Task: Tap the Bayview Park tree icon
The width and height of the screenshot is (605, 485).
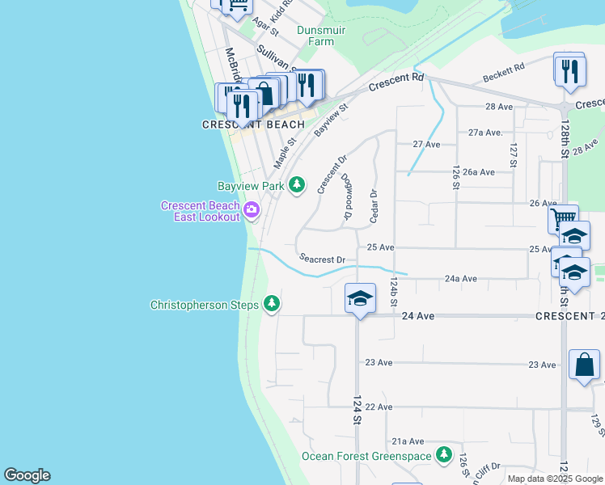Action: tap(297, 186)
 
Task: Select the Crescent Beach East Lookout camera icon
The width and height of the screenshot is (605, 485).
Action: tap(252, 210)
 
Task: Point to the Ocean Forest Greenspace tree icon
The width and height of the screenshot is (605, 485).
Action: tap(443, 456)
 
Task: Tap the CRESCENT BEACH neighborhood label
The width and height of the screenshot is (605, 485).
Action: tap(253, 124)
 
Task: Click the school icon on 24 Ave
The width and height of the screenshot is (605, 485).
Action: tap(360, 299)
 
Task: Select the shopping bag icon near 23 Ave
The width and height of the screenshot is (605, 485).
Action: tap(584, 365)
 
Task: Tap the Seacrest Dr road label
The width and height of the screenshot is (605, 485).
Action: tap(322, 259)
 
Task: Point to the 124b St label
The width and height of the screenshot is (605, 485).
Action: tap(394, 291)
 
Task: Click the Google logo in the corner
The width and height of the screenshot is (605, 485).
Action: tap(27, 475)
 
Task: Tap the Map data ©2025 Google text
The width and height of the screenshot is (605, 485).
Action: tap(554, 479)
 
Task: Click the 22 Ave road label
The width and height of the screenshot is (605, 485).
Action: tap(379, 407)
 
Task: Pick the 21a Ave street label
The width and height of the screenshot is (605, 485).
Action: tap(408, 441)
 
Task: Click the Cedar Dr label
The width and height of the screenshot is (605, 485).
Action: tap(374, 206)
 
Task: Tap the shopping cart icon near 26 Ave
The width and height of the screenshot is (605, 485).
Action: tap(563, 218)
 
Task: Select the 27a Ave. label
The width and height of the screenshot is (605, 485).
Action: tap(485, 132)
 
